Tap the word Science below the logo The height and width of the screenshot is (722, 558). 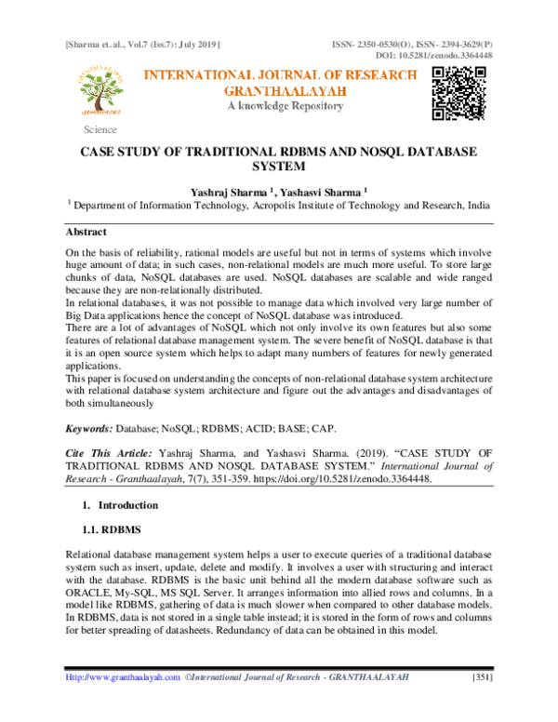click(100, 129)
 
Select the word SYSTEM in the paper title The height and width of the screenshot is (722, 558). click(279, 168)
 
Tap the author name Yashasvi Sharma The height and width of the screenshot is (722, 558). click(312, 191)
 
